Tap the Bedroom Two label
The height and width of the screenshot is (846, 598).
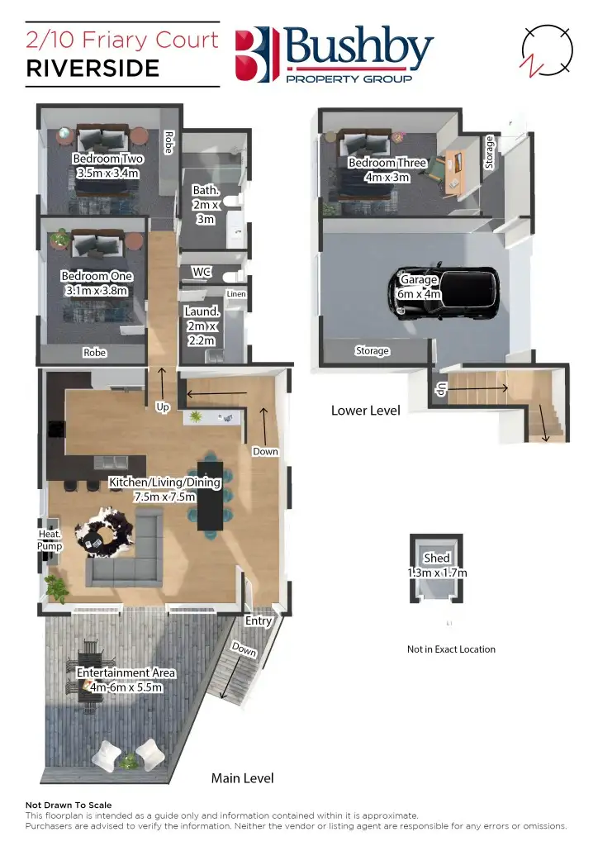107,159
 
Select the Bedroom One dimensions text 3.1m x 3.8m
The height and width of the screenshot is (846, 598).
97,291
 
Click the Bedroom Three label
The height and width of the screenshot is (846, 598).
387,163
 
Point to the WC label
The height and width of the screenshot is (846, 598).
202,272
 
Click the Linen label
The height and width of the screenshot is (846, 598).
235,294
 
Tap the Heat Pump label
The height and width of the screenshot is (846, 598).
50,540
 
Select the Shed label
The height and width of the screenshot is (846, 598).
436,558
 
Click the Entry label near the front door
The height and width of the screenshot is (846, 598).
259,620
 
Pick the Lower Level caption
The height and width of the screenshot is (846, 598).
365,411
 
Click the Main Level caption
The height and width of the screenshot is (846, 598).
243,778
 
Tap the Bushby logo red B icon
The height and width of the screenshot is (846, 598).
253,55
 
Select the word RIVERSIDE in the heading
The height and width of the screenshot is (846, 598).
93,69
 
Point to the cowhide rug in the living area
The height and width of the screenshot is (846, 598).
103,529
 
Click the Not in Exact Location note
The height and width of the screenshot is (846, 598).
451,649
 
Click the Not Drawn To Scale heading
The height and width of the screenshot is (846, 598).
69,805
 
